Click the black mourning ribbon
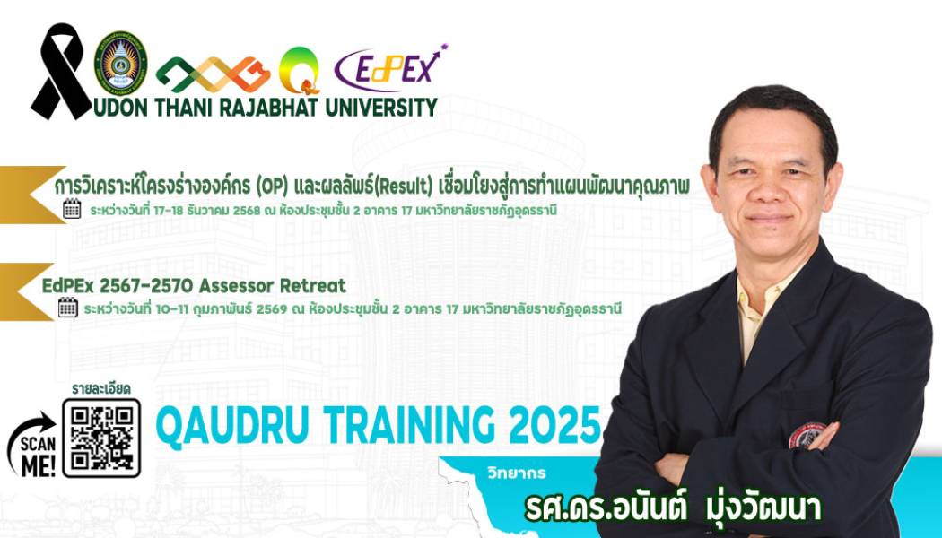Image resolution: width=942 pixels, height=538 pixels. tap(61, 72)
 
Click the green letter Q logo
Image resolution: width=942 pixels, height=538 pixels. tap(299, 70)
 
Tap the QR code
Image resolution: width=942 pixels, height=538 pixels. tap(101, 438)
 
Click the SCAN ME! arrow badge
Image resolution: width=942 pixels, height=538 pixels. tap(31, 442)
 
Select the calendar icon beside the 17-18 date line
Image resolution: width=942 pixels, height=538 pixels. tap(72, 210)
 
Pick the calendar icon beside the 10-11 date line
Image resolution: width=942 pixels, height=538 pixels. tap(67, 308)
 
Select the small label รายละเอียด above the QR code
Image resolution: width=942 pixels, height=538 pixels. tap(101, 388)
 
